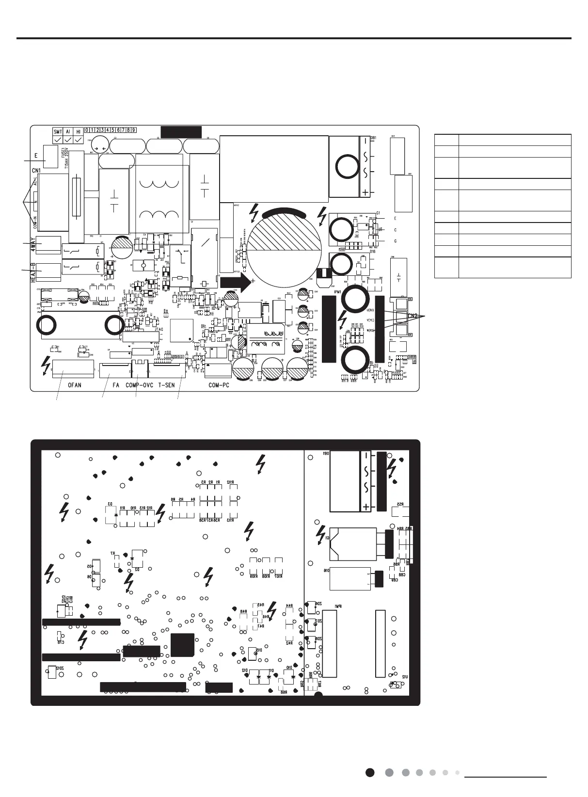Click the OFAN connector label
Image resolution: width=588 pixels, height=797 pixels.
tap(74, 385)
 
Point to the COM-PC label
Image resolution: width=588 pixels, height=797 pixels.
tap(219, 385)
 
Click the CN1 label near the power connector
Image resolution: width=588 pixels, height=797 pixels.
tap(36, 171)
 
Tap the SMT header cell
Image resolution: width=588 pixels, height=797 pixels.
tap(58, 131)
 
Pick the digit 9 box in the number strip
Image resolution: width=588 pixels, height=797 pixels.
tap(133, 130)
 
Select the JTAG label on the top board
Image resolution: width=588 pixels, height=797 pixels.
tap(159, 330)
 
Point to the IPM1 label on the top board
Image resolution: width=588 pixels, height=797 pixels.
tap(337, 292)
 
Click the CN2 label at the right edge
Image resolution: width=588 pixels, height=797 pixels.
tap(412, 316)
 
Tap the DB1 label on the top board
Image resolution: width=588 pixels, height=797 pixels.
tap(373, 138)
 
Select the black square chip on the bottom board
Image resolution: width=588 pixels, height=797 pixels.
tap(182, 645)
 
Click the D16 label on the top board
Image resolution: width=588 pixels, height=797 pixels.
tap(373, 252)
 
